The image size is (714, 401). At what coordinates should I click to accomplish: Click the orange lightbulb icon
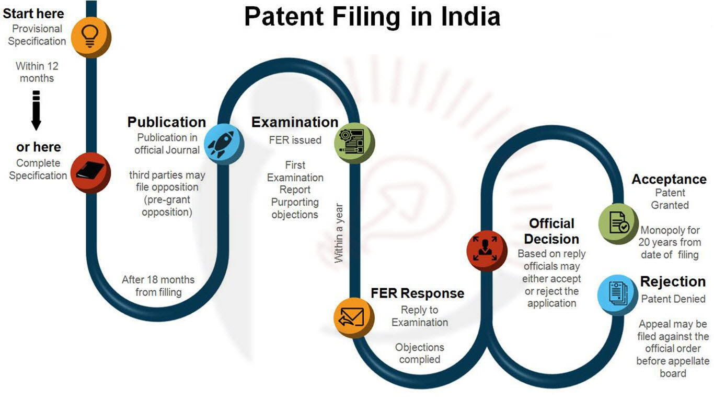pyautogui.click(x=91, y=37)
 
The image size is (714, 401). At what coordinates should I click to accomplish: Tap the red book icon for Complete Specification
pyautogui.click(x=91, y=172)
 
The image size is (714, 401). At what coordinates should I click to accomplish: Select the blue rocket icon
pyautogui.click(x=224, y=144)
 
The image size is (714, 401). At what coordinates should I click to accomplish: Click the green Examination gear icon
pyautogui.click(x=354, y=143)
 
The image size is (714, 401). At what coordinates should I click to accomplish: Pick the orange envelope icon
pyautogui.click(x=354, y=317)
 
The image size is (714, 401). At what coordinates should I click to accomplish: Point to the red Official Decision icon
pyautogui.click(x=487, y=251)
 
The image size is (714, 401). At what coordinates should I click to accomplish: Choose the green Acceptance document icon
pyautogui.click(x=618, y=223)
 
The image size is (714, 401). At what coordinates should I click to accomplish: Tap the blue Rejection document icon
pyautogui.click(x=618, y=294)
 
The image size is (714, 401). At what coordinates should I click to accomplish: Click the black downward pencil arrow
pyautogui.click(x=37, y=111)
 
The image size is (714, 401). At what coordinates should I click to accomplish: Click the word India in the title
pyautogui.click(x=471, y=17)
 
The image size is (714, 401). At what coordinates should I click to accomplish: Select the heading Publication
pyautogui.click(x=166, y=122)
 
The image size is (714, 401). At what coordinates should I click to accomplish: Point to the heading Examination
pyautogui.click(x=295, y=122)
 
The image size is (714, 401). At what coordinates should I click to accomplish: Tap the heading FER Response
pyautogui.click(x=417, y=293)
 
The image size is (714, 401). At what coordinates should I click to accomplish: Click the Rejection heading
pyautogui.click(x=673, y=281)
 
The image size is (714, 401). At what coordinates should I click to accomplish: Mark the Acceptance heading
pyautogui.click(x=669, y=179)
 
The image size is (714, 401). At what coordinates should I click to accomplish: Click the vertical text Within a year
pyautogui.click(x=339, y=233)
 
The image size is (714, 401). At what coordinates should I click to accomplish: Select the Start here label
pyautogui.click(x=33, y=14)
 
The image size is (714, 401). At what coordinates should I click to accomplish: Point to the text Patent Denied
pyautogui.click(x=673, y=299)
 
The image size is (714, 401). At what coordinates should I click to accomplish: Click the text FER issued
pyautogui.click(x=295, y=140)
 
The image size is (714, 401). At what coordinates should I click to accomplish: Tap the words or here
pyautogui.click(x=39, y=147)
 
